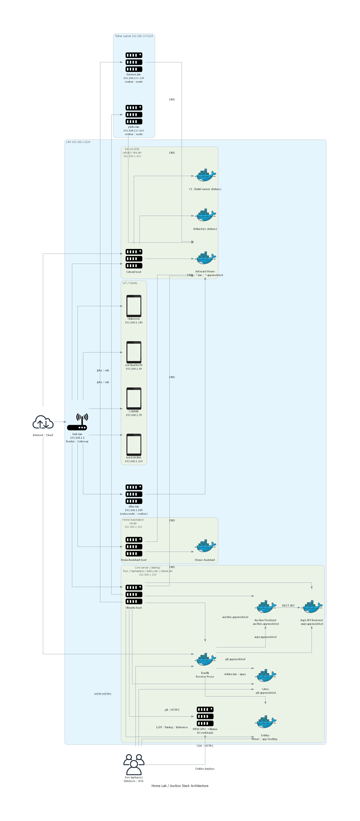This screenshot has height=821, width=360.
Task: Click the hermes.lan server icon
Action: click(134, 62)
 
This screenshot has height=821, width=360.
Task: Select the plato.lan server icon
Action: click(134, 114)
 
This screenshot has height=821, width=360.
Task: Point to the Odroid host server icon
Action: click(134, 258)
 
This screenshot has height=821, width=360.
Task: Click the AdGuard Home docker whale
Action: click(205, 258)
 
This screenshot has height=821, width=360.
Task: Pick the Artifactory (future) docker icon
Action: click(205, 215)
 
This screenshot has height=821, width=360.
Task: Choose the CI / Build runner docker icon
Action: click(205, 176)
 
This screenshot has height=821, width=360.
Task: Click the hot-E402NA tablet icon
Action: click(134, 444)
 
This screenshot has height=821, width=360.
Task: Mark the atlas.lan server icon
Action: click(134, 494)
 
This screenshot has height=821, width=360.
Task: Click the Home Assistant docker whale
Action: click(205, 546)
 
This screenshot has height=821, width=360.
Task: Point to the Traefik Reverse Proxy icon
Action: click(205, 660)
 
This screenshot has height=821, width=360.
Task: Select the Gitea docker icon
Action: click(265, 676)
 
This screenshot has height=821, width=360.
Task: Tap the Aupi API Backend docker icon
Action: click(312, 607)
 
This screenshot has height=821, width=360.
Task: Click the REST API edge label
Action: click(288, 606)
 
